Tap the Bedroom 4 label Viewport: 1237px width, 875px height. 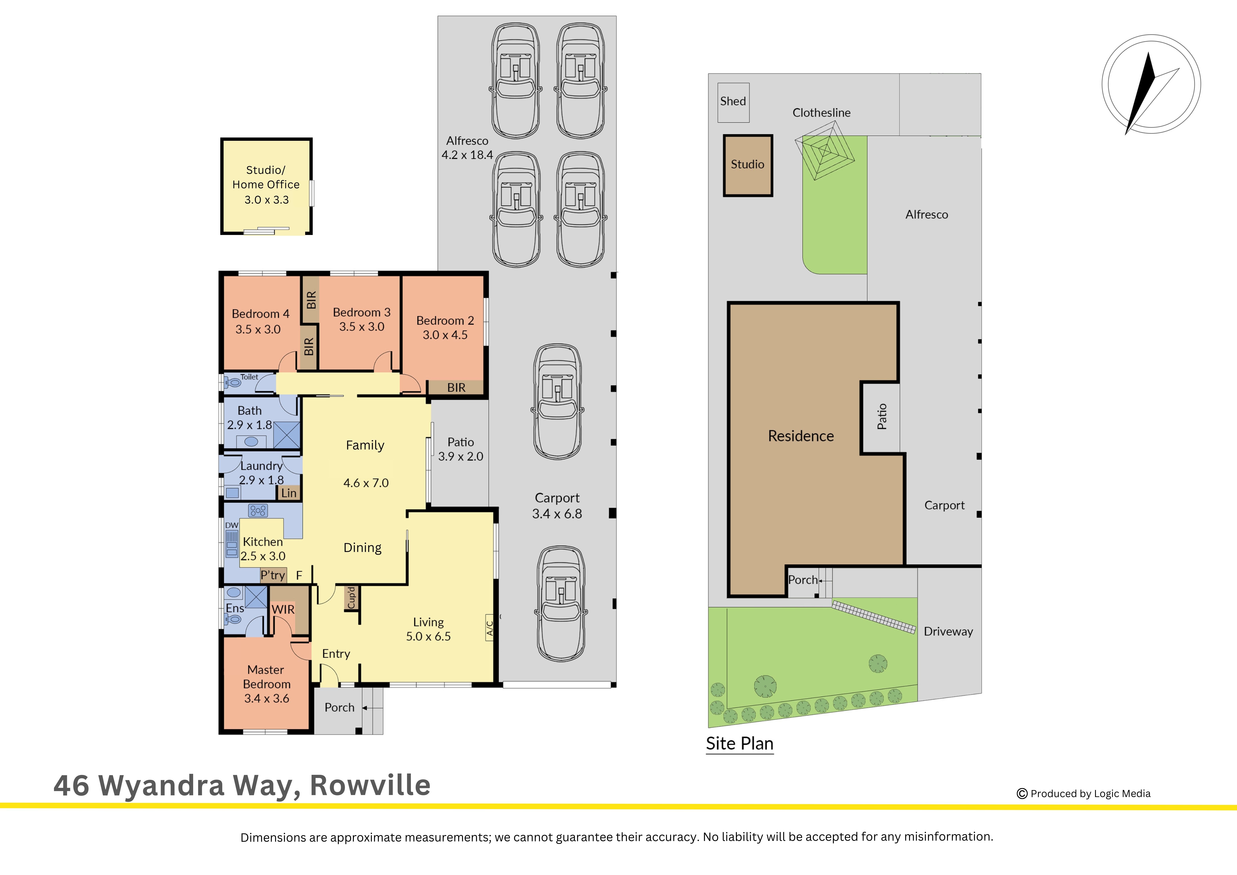tap(261, 314)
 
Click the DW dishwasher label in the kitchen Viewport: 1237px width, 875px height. tap(232, 525)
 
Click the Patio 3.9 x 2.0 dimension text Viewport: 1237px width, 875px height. tap(461, 456)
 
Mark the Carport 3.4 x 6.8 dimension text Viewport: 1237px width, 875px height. tap(557, 514)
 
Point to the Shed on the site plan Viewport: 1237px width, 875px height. tap(733, 102)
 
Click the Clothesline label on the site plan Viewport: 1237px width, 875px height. tap(822, 113)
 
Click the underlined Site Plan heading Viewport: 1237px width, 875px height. tap(740, 744)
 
